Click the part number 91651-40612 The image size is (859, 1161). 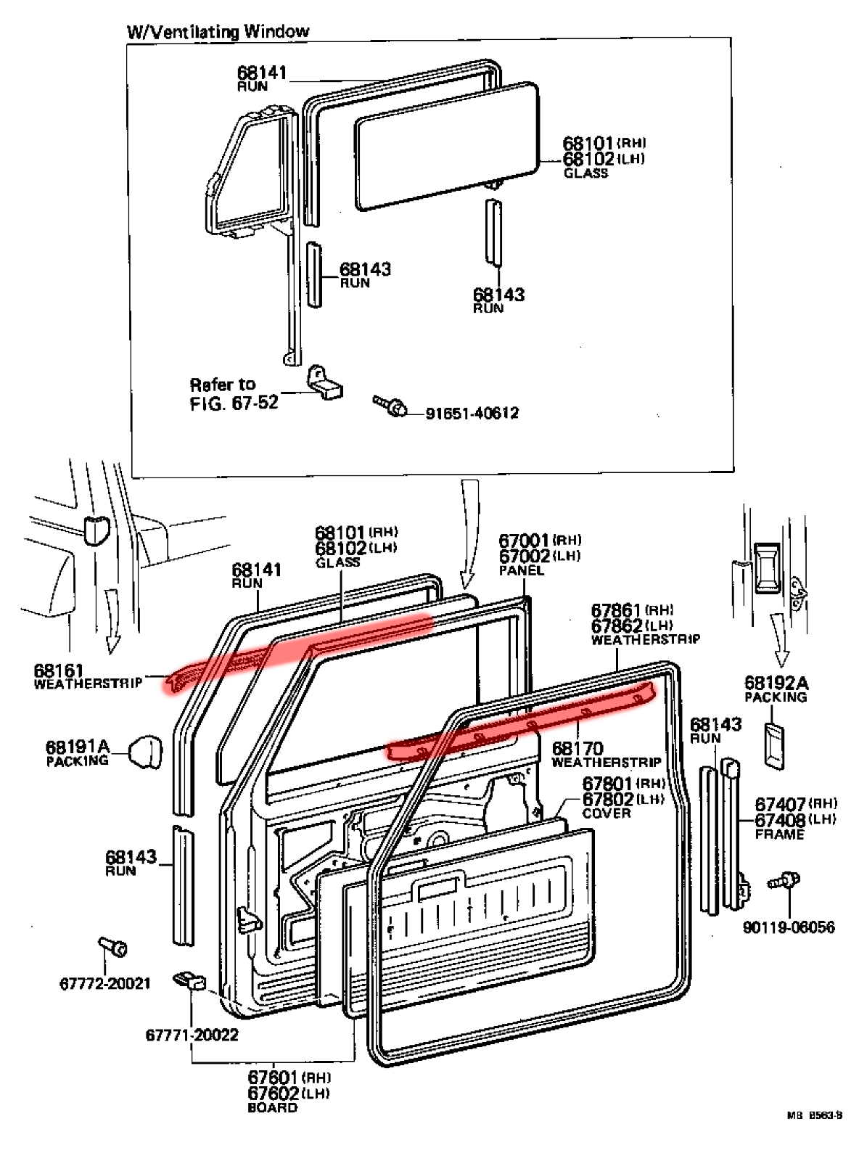pyautogui.click(x=472, y=414)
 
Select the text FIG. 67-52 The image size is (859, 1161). pyautogui.click(x=234, y=402)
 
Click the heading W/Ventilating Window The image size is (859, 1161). pyautogui.click(x=218, y=31)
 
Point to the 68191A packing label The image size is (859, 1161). pyautogui.click(x=77, y=752)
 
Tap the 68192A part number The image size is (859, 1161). pyautogui.click(x=776, y=683)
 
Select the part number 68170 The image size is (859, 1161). pyautogui.click(x=578, y=748)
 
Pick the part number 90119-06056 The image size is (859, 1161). pyautogui.click(x=788, y=927)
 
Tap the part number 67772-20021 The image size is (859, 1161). pyautogui.click(x=104, y=984)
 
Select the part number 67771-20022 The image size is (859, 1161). pyautogui.click(x=192, y=1035)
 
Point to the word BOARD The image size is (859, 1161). pyautogui.click(x=273, y=1108)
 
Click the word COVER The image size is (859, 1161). pyautogui.click(x=607, y=813)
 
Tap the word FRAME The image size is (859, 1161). pyautogui.click(x=779, y=834)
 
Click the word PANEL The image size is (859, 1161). pyautogui.click(x=521, y=571)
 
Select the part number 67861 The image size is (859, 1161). pyautogui.click(x=617, y=610)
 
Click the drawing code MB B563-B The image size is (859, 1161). pyautogui.click(x=813, y=1136)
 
